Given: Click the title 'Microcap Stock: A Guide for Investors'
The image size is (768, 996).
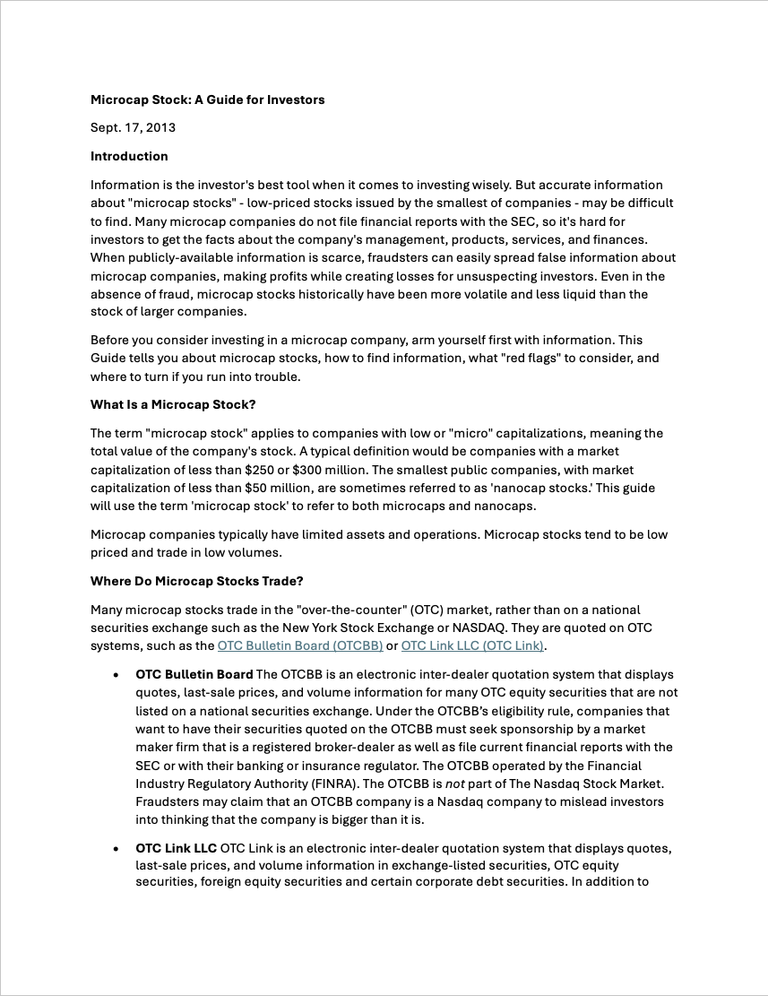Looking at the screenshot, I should coord(207,100).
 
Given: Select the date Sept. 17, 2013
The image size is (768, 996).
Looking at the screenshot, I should coord(133,127).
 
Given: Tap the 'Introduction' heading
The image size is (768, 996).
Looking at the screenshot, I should coord(129,156).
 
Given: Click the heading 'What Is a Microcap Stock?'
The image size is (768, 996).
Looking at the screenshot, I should coord(173,404).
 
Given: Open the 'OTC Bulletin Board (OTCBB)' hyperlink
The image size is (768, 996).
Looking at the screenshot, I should coord(300,645).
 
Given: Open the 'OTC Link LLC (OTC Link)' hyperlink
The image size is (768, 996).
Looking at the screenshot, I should coord(472,645).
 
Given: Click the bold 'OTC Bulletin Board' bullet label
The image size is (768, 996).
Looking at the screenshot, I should coord(194,674).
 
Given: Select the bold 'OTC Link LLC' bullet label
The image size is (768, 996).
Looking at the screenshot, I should coord(176,848).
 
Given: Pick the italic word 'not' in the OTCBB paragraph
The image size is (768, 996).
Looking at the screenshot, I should coord(456,784).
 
